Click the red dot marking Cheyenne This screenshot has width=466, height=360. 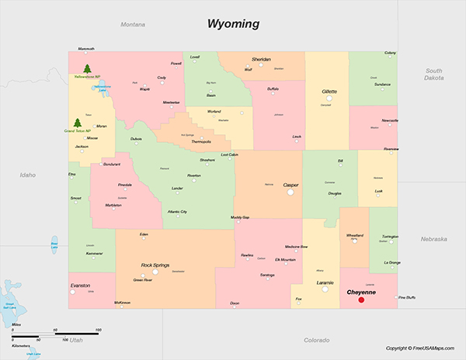361,299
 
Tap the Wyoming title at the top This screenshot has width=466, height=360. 233,23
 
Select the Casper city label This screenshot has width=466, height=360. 290,185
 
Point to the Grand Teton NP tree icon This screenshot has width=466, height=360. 77,123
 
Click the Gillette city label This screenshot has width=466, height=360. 329,92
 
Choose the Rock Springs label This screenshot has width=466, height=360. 155,265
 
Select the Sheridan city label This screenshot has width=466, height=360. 261,59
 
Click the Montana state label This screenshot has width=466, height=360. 133,25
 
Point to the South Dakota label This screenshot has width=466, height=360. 433,74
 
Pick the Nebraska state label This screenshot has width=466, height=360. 433,239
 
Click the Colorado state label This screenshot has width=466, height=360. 316,340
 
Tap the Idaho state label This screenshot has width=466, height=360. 28,175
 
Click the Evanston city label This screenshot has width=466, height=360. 80,286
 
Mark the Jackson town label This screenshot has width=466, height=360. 82,146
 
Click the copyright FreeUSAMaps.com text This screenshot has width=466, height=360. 420,348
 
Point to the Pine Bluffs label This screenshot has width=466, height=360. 408,297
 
